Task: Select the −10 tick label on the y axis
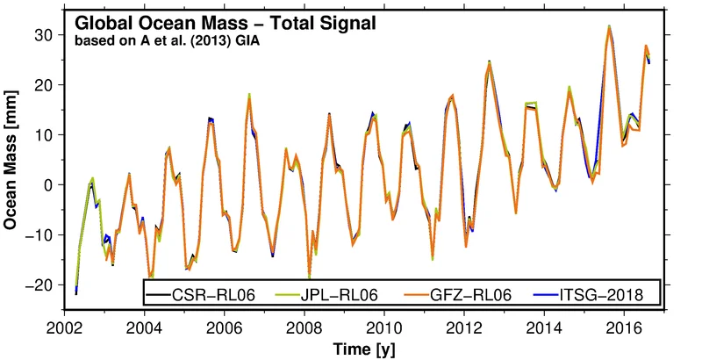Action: [43, 234]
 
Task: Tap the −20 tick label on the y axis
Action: [43, 284]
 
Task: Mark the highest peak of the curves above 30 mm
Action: [608, 27]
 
